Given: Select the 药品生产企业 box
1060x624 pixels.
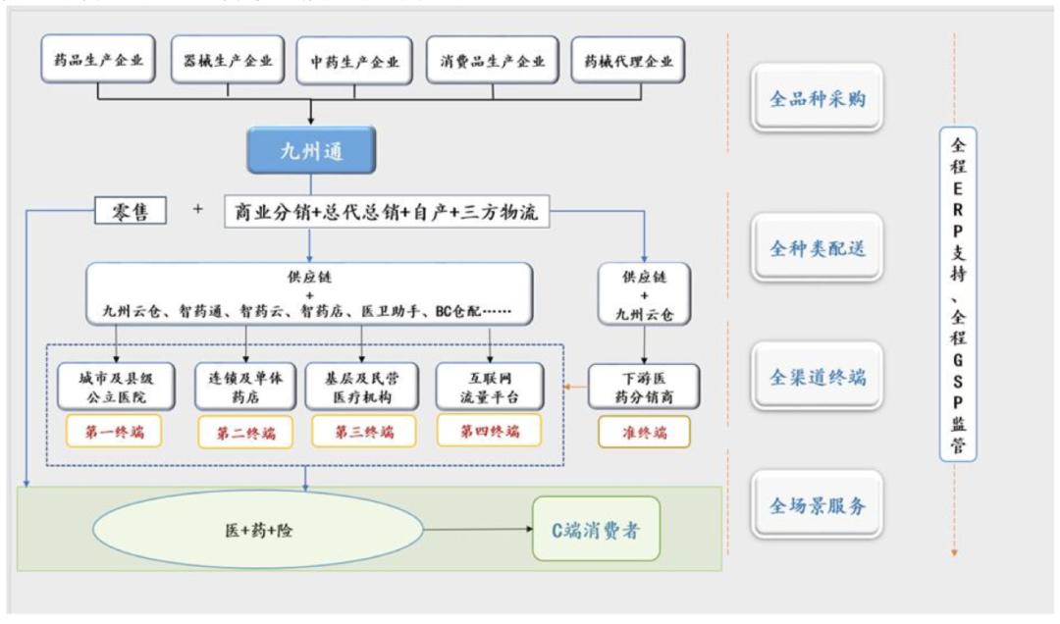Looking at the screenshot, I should click(x=98, y=61).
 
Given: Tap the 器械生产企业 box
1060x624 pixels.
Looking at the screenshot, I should click(x=228, y=61).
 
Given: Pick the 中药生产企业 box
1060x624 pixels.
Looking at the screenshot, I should click(x=354, y=61).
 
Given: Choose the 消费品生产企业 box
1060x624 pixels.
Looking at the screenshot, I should click(x=493, y=61).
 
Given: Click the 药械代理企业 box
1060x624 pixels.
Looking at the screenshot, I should click(x=628, y=61).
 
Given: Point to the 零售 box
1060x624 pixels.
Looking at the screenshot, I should click(x=130, y=210).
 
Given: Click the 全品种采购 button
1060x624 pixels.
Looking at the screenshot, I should click(x=817, y=98).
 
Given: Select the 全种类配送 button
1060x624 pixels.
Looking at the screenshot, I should click(x=817, y=248).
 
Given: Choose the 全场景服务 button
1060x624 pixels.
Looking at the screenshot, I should click(x=817, y=506).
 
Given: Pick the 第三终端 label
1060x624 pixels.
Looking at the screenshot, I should click(x=363, y=432).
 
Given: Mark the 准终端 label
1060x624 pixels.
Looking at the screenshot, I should click(x=643, y=432).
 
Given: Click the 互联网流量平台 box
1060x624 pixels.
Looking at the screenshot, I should click(x=489, y=387).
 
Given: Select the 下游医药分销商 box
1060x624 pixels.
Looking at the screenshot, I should click(x=643, y=387).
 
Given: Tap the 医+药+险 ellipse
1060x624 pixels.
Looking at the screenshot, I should click(x=259, y=531).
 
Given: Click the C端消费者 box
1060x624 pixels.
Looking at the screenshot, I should click(x=596, y=529).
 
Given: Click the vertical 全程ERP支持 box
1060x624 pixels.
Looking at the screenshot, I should click(x=957, y=294).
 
